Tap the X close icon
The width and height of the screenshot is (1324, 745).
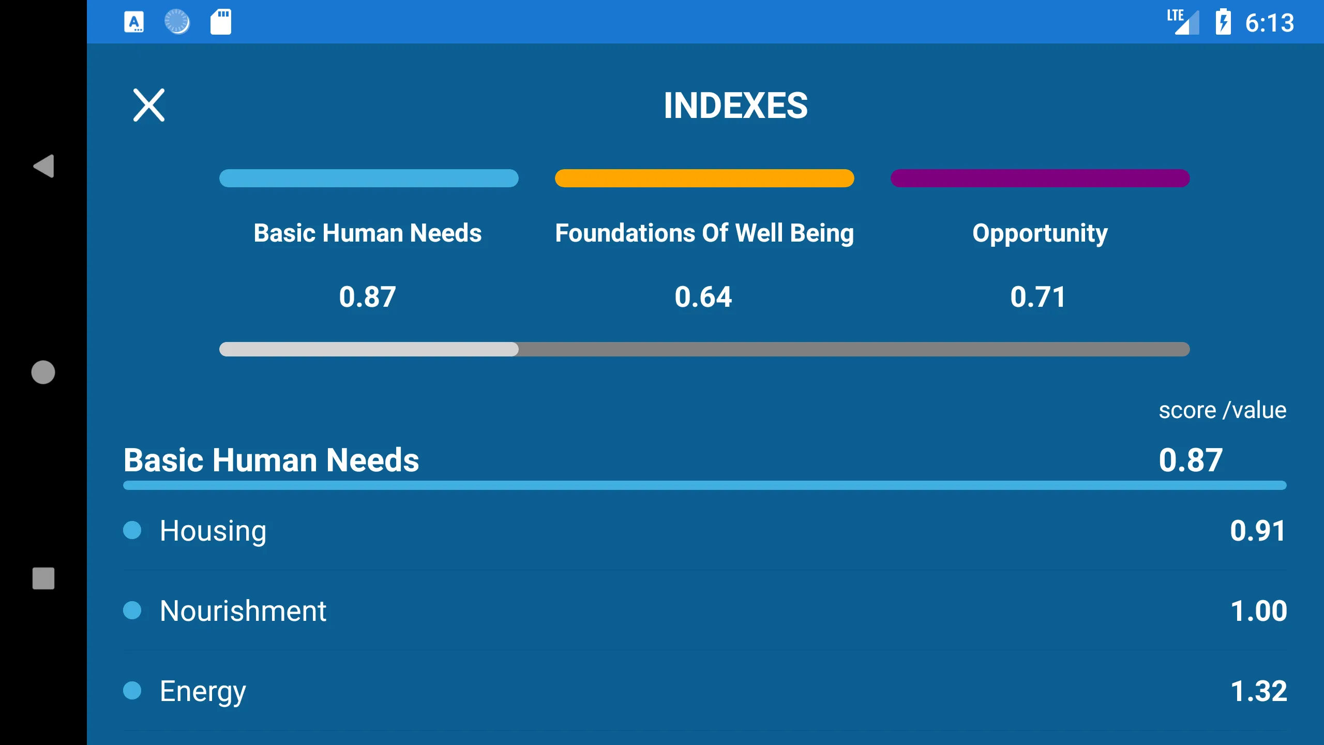(x=149, y=105)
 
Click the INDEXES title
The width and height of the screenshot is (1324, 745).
(x=735, y=106)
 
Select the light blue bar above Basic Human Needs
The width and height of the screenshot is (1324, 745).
(x=369, y=178)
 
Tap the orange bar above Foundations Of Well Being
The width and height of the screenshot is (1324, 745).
(x=704, y=178)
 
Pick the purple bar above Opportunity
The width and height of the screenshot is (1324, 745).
(x=1040, y=178)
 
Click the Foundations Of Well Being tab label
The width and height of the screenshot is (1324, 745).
(x=704, y=233)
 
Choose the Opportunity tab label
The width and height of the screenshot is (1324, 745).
(x=1040, y=234)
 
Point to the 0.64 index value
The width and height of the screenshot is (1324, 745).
(x=703, y=297)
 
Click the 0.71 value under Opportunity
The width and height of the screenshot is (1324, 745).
(x=1039, y=297)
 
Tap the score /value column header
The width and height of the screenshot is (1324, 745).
(x=1223, y=410)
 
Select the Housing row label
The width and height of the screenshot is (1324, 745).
(x=213, y=531)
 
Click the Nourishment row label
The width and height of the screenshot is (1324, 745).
(x=243, y=611)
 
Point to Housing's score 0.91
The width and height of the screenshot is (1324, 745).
(x=1258, y=531)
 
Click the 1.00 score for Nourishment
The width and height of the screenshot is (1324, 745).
(x=1259, y=611)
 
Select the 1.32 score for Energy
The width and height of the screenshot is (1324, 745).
(x=1259, y=691)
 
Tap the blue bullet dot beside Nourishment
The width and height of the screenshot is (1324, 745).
(x=132, y=610)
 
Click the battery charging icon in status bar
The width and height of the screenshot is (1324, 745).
(x=1223, y=22)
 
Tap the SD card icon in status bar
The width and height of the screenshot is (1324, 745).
(x=221, y=22)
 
